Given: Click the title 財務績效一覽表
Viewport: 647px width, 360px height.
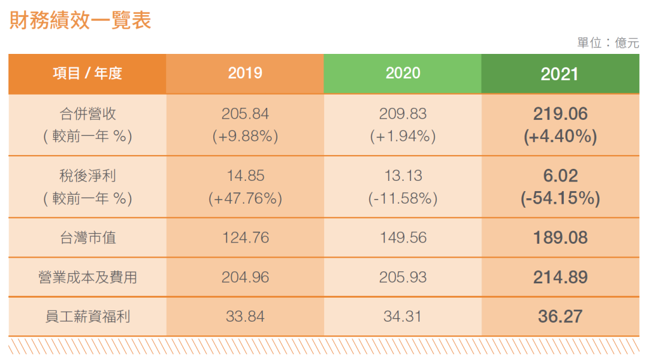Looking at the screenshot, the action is coord(80,20).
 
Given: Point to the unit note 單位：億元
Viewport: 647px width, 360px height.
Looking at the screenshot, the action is coord(608,43).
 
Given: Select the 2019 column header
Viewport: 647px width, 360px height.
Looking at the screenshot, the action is coord(245,73).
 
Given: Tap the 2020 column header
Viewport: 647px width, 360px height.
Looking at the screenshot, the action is coord(403,73).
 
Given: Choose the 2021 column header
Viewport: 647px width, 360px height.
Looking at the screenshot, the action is coord(560,74).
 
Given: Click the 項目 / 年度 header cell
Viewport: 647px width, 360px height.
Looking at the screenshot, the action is coord(87,74).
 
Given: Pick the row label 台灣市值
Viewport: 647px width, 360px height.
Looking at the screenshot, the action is coord(88,238).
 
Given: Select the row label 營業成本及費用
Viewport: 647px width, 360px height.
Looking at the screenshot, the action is coord(87,277).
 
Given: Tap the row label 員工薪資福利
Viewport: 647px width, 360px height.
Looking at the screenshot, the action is coord(87,316).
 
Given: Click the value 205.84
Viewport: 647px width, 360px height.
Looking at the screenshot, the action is coord(245,114).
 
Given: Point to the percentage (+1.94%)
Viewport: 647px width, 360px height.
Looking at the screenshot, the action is coord(403,136).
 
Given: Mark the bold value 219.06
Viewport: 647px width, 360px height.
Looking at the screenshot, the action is coord(560,114).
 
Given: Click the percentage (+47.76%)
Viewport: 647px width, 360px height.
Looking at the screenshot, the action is coord(245,198).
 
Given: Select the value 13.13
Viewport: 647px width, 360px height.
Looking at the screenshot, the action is coord(403,176).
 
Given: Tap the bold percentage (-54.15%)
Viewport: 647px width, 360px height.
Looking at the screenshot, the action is coord(560,198).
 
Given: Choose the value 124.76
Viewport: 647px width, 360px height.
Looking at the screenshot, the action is coord(246,238).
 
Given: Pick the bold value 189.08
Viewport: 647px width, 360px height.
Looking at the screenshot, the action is coord(560,238).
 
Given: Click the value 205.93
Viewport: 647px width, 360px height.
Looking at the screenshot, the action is coord(403,277).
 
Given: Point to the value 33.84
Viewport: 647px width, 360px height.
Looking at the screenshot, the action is coord(245,316).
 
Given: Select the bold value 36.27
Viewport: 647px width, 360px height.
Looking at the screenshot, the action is coord(560,316).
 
